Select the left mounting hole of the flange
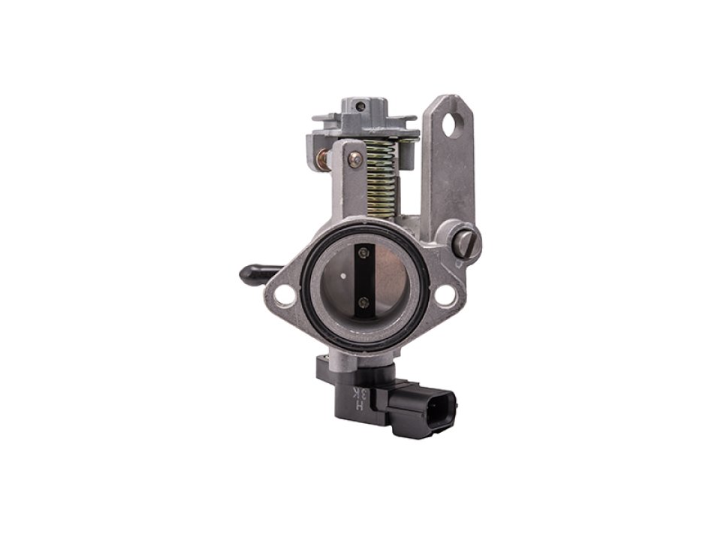pyautogui.click(x=285, y=295)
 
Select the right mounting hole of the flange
pyautogui.click(x=445, y=295)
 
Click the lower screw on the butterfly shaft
pyautogui.click(x=364, y=302)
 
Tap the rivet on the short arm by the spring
pyautogui.click(x=354, y=159)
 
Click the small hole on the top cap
pyautogui.click(x=360, y=106)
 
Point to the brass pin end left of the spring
pyautogui.click(x=322, y=159)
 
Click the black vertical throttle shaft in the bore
pyautogui.click(x=364, y=279)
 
